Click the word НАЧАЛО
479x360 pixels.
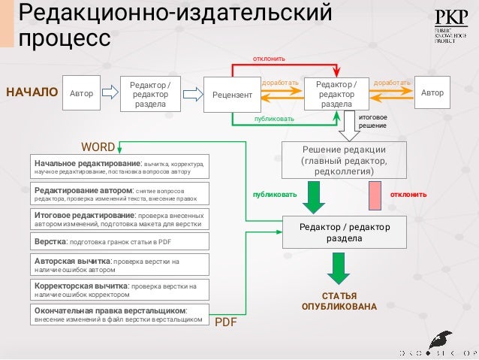coord(32,93)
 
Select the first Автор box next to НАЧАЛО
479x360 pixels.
coord(81,94)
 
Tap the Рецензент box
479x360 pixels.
coord(232,95)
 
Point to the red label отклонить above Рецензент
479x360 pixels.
coord(268,58)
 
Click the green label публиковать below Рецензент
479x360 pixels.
coord(274,118)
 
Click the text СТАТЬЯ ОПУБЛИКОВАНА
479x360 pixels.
coord(339,301)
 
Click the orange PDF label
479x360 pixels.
coord(226,322)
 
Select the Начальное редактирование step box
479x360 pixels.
coord(119,167)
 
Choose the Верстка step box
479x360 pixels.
coord(119,241)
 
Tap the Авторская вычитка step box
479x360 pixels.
coord(119,265)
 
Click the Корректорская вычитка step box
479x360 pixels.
coord(119,290)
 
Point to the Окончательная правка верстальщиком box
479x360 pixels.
coord(119,315)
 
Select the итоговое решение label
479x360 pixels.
coord(372,122)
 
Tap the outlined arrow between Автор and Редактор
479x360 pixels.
coord(110,93)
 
